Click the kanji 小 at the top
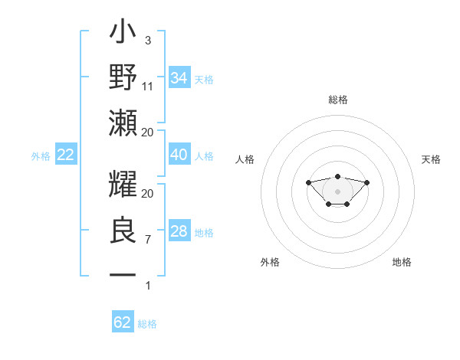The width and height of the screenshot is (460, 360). (123, 34)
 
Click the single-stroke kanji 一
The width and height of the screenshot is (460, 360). (123, 273)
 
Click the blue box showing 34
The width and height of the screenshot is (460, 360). (179, 78)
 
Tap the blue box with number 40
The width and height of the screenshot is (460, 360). (179, 155)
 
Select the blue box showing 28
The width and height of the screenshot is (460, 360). (179, 231)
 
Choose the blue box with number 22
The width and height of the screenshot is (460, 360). (65, 155)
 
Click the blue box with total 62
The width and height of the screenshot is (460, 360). (123, 322)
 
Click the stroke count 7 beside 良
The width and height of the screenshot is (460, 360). (148, 240)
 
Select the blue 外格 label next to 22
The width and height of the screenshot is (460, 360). (41, 156)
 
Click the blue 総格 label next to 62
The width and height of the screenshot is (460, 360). (147, 324)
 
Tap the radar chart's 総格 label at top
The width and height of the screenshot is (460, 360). (338, 100)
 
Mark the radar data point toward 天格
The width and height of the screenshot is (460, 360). (366, 182)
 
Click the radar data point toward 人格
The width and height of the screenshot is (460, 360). (308, 182)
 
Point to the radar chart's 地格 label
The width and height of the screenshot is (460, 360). (402, 262)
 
